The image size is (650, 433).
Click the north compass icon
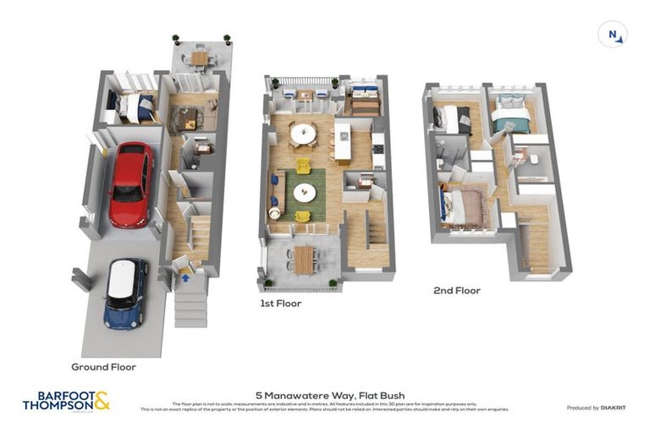(x=613, y=35)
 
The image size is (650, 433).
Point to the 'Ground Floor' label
(x=104, y=367)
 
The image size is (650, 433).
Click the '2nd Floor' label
(x=456, y=290)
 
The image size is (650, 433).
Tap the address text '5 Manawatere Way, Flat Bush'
(x=330, y=395)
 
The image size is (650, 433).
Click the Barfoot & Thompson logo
(x=66, y=401)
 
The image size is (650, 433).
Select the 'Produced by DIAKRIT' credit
(x=596, y=408)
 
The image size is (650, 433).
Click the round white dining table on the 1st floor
(x=302, y=133)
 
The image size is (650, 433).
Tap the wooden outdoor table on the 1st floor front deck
(x=304, y=259)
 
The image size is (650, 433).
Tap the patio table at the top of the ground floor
(x=199, y=58)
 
